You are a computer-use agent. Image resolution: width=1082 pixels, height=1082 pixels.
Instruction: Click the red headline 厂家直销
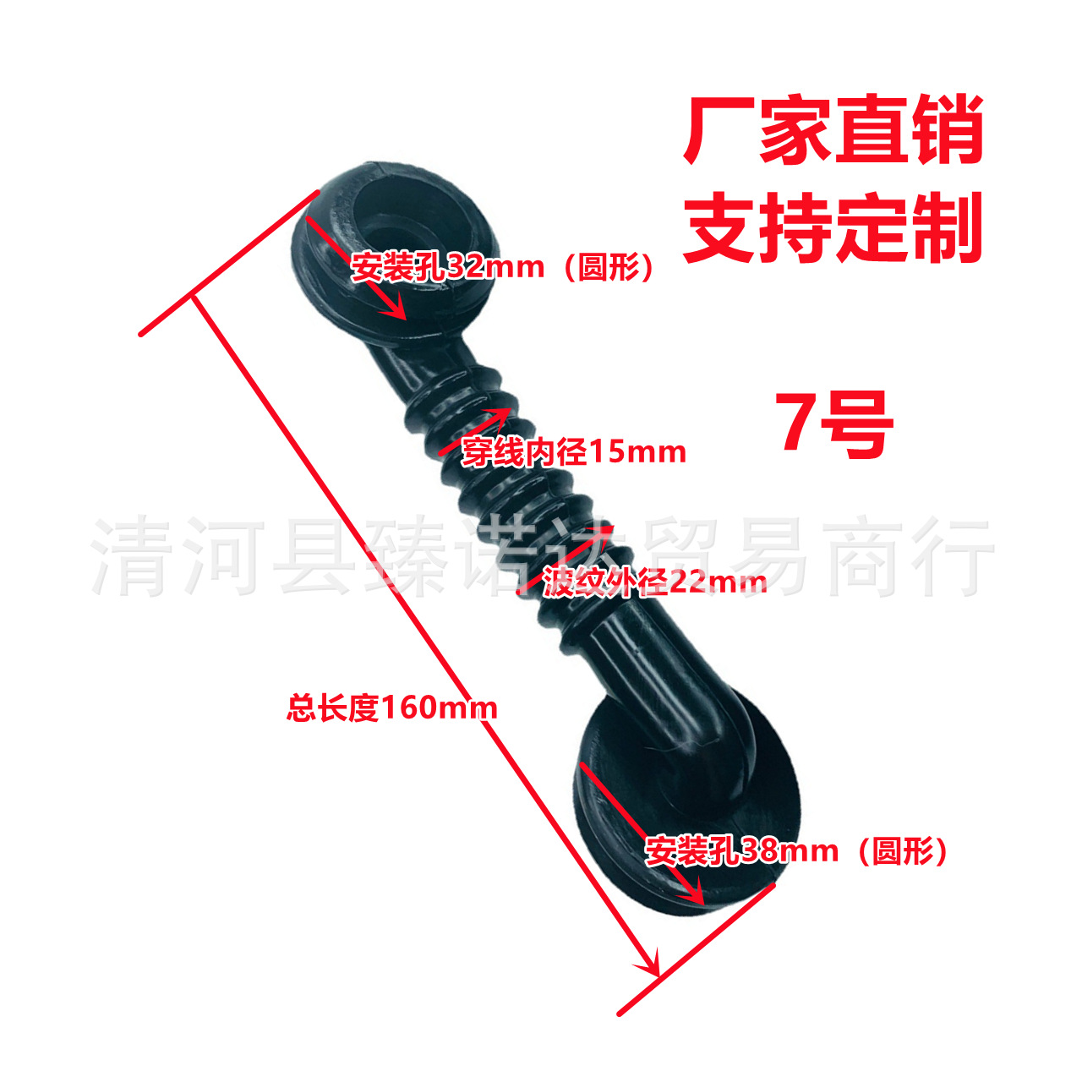[x=833, y=131]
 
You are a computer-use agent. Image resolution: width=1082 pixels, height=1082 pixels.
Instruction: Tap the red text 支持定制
[x=833, y=227]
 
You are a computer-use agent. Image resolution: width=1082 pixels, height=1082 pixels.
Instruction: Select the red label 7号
[x=835, y=425]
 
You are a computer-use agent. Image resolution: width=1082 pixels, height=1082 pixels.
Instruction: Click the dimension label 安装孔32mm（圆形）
[x=504, y=268]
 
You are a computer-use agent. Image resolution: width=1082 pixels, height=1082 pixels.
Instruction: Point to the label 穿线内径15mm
[x=573, y=452]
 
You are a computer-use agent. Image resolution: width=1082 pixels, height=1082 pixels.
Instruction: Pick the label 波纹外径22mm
[x=654, y=582]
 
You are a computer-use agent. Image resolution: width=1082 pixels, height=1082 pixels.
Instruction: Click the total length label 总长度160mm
[x=391, y=708]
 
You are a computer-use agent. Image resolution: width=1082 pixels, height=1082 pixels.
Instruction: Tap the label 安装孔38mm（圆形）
[x=796, y=850]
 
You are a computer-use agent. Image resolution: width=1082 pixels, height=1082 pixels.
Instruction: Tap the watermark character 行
[x=951, y=558]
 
